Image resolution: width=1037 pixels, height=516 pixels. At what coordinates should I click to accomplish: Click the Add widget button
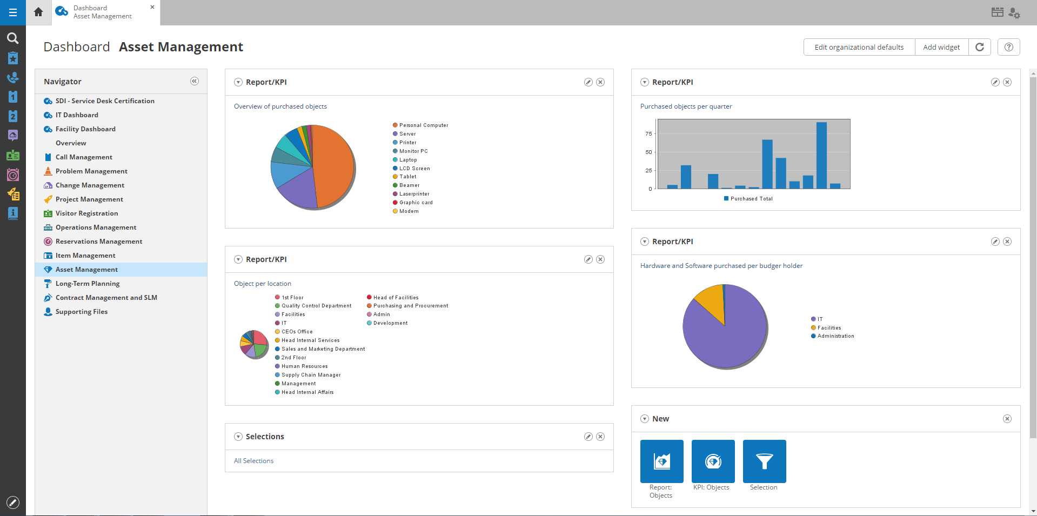point(941,47)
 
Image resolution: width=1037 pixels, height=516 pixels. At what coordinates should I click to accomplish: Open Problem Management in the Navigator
point(91,171)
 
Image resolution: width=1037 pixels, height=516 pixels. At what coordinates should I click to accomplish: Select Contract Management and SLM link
point(106,298)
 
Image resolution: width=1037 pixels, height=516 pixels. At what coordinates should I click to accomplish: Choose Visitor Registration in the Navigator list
point(86,213)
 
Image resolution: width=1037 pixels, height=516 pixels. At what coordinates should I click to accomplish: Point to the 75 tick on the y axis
point(648,134)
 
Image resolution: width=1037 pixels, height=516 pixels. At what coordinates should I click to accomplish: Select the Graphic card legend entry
point(416,203)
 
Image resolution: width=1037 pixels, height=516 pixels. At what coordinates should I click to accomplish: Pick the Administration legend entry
point(835,336)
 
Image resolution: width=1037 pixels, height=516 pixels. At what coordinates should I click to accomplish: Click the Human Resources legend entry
point(304,366)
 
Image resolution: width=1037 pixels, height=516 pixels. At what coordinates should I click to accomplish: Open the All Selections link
point(253,461)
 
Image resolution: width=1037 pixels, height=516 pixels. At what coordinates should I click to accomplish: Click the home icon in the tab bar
point(38,12)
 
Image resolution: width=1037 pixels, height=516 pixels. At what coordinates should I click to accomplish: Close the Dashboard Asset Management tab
point(152,7)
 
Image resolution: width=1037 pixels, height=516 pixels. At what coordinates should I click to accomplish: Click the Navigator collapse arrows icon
point(195,81)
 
